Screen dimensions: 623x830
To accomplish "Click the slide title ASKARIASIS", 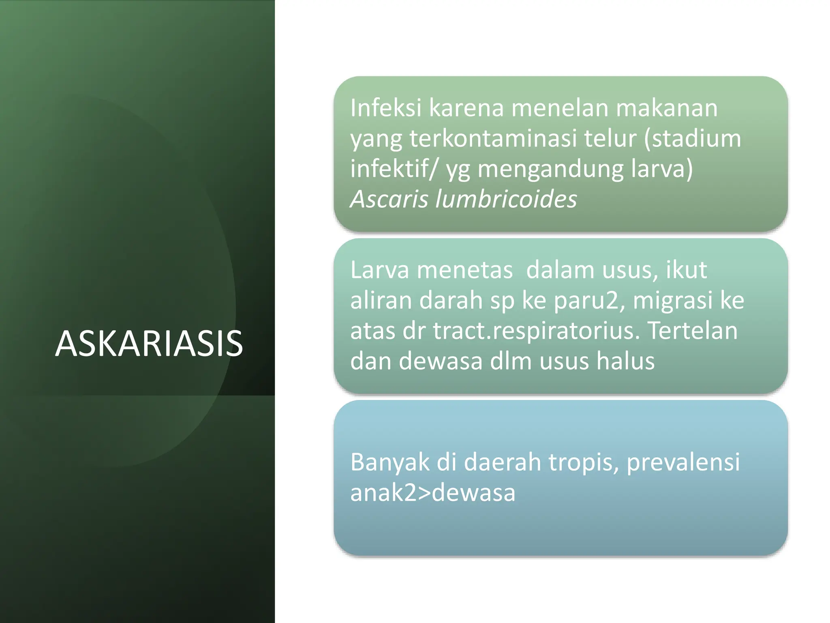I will tap(149, 344).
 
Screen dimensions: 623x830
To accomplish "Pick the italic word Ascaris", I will tap(389, 199).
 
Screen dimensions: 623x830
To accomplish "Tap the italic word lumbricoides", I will tap(506, 199).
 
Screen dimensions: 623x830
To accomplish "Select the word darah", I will tap(451, 301).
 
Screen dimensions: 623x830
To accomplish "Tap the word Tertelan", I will tap(693, 331).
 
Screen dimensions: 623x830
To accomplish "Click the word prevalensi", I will tap(683, 462).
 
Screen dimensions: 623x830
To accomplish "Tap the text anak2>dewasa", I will tap(432, 493).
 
